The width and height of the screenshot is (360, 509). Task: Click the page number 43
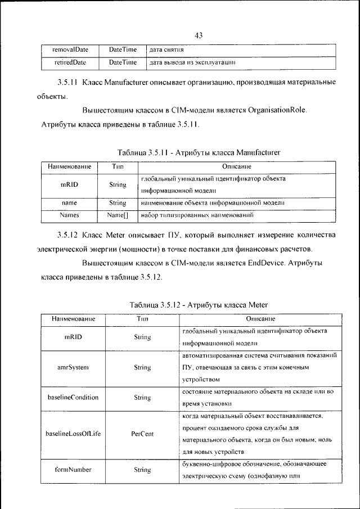point(199,36)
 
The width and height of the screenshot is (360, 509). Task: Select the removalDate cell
point(70,49)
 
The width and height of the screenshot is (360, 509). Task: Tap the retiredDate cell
point(70,61)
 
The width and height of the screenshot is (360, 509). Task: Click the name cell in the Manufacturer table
point(69,202)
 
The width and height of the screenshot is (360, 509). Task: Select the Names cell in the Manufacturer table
point(69,214)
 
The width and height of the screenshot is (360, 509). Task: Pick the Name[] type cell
point(118,214)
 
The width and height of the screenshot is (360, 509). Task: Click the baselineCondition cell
point(73,397)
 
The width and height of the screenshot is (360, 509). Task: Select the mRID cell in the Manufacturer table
point(69,184)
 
